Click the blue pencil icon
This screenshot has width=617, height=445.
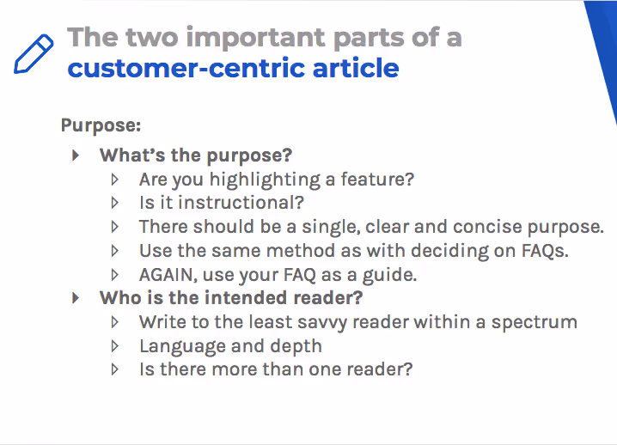(x=34, y=54)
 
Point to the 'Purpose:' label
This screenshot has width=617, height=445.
(x=101, y=125)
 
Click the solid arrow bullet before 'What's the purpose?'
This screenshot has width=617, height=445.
(x=76, y=155)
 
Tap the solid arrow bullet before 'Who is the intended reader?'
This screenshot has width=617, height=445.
(x=76, y=297)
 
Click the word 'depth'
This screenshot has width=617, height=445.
(x=295, y=346)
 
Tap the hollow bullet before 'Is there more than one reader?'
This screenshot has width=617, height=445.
(x=116, y=369)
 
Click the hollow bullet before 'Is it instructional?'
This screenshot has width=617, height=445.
(x=116, y=203)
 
